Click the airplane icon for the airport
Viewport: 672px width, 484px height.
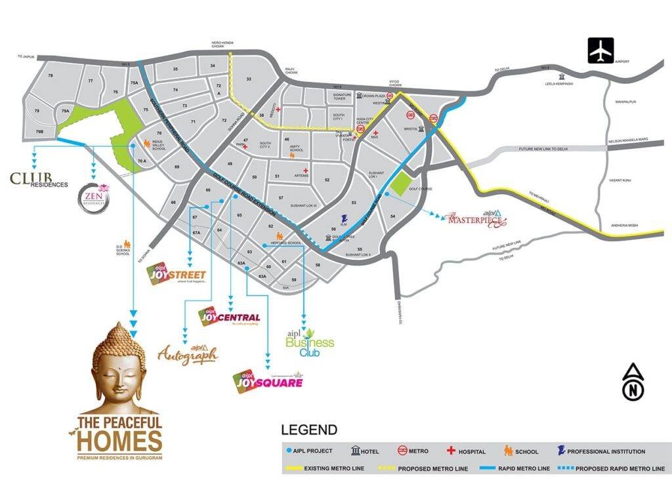(600, 50)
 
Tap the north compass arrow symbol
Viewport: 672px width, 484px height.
(633, 381)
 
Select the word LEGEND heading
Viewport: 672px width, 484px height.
(309, 430)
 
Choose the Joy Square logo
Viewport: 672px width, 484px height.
(268, 380)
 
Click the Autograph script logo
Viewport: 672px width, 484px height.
(188, 354)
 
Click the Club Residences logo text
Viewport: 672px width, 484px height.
(38, 180)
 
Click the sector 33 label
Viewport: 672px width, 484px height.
(249, 79)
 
